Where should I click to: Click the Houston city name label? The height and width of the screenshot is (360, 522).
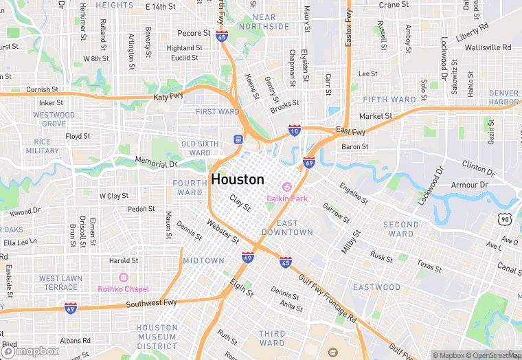point(238,179)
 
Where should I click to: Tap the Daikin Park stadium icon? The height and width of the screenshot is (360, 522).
point(287,187)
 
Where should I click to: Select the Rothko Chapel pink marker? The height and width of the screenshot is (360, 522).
point(124,278)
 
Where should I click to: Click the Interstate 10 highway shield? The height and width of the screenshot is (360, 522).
point(294,131)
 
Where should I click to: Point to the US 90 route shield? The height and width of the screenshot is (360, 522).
point(505,218)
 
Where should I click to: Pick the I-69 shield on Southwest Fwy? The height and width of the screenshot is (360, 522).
point(71,308)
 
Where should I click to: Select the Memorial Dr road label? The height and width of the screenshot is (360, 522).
point(156,164)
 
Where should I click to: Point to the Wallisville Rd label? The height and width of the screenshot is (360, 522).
point(488,47)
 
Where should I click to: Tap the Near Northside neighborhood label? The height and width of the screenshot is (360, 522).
point(264,22)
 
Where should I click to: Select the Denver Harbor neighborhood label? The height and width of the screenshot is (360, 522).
point(503,98)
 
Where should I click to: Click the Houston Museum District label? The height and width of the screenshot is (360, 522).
point(157,337)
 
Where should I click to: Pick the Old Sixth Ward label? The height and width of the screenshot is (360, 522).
point(200,148)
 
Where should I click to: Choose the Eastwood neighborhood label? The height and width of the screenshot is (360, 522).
point(376,287)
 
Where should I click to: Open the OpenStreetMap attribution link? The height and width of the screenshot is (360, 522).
point(493,355)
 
